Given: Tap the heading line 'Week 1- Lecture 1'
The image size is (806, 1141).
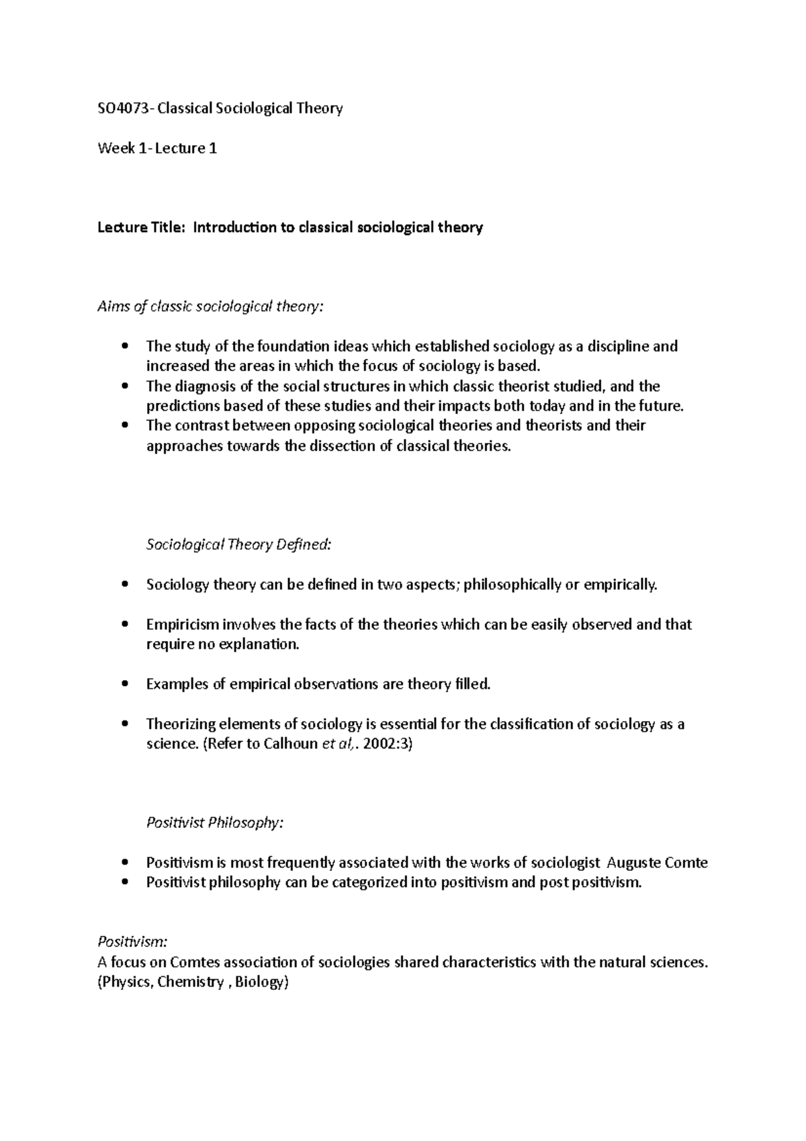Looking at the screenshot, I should [x=157, y=148].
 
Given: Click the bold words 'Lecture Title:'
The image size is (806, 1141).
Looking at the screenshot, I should [x=140, y=227].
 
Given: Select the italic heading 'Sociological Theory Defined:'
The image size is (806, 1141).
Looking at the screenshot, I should [x=238, y=544].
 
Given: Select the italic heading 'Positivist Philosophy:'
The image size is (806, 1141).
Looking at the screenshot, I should [x=214, y=822].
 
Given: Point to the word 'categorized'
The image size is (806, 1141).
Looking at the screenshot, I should [x=368, y=882].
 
